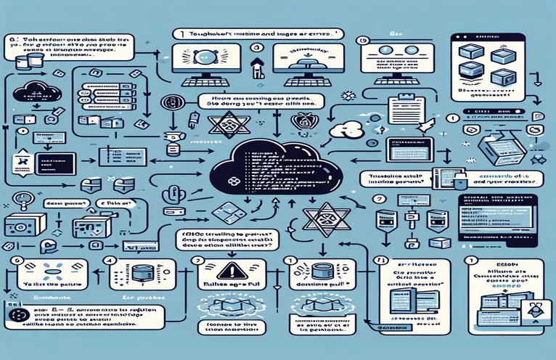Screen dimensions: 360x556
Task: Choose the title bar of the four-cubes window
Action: tap(494, 36)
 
